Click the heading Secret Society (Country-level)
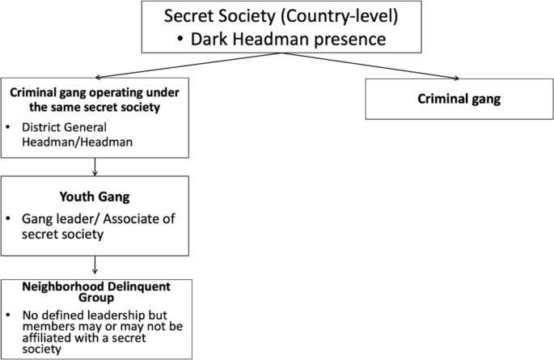tap(281, 17)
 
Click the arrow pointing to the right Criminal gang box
tap(372, 66)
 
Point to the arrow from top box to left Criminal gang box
tap(186, 66)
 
